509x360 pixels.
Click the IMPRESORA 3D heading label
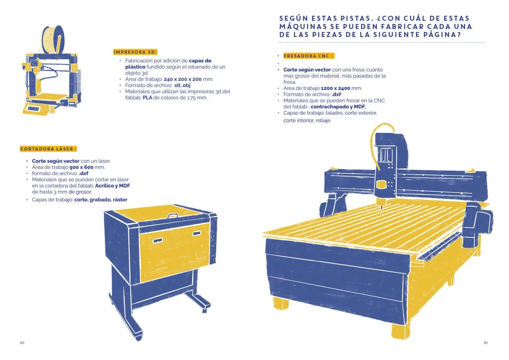tap(135, 52)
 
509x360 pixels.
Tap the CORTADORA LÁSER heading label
tap(48, 149)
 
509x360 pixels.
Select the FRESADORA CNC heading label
tap(309, 56)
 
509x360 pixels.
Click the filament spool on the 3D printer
tap(53, 39)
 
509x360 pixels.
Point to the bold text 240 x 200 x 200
tap(183, 79)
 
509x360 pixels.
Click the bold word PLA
tap(147, 98)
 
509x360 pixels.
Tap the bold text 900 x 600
tap(82, 167)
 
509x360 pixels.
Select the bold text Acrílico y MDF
tap(113, 186)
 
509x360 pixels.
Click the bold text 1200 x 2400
tap(335, 88)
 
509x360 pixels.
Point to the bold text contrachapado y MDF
tap(338, 107)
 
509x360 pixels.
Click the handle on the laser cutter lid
tap(173, 216)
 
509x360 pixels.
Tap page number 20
tap(22, 342)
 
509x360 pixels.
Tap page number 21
tap(486, 342)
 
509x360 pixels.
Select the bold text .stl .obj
tap(182, 86)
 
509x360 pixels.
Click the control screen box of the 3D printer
tap(36, 109)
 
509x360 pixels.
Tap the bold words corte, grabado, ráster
tap(101, 200)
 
